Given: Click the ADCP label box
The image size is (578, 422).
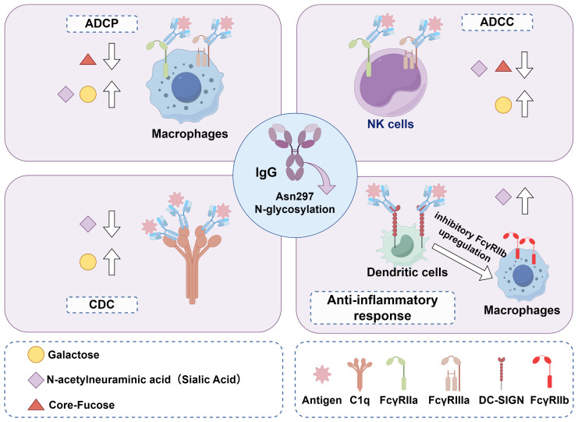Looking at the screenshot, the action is (101, 24).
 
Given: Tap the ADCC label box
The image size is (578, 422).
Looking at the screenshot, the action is (497, 22).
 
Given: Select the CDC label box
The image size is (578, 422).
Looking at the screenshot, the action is (101, 305).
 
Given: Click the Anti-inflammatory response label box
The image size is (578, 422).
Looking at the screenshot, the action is (382, 308).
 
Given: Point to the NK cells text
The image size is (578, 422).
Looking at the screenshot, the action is (390, 124).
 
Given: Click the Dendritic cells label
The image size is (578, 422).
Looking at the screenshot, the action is (407, 272).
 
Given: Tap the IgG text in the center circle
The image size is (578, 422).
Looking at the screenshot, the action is (266, 172).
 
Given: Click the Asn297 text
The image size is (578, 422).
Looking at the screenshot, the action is (295, 197).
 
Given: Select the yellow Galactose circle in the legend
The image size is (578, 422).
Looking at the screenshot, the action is (36, 355).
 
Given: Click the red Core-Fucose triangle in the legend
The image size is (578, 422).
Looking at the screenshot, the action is (36, 405).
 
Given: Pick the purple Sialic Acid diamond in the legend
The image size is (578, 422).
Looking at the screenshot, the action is (36, 380).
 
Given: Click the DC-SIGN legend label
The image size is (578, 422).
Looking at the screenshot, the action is (501, 400).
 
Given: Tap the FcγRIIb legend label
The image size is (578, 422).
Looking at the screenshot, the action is (549, 400).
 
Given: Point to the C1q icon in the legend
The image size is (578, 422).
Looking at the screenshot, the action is (360, 374).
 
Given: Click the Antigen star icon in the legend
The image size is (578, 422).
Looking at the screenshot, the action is (322, 374).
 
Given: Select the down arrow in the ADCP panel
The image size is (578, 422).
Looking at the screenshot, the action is (112, 56).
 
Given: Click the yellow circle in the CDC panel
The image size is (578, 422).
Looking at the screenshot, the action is (88, 262).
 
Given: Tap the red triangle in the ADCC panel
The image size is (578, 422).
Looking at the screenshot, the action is (503, 67).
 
